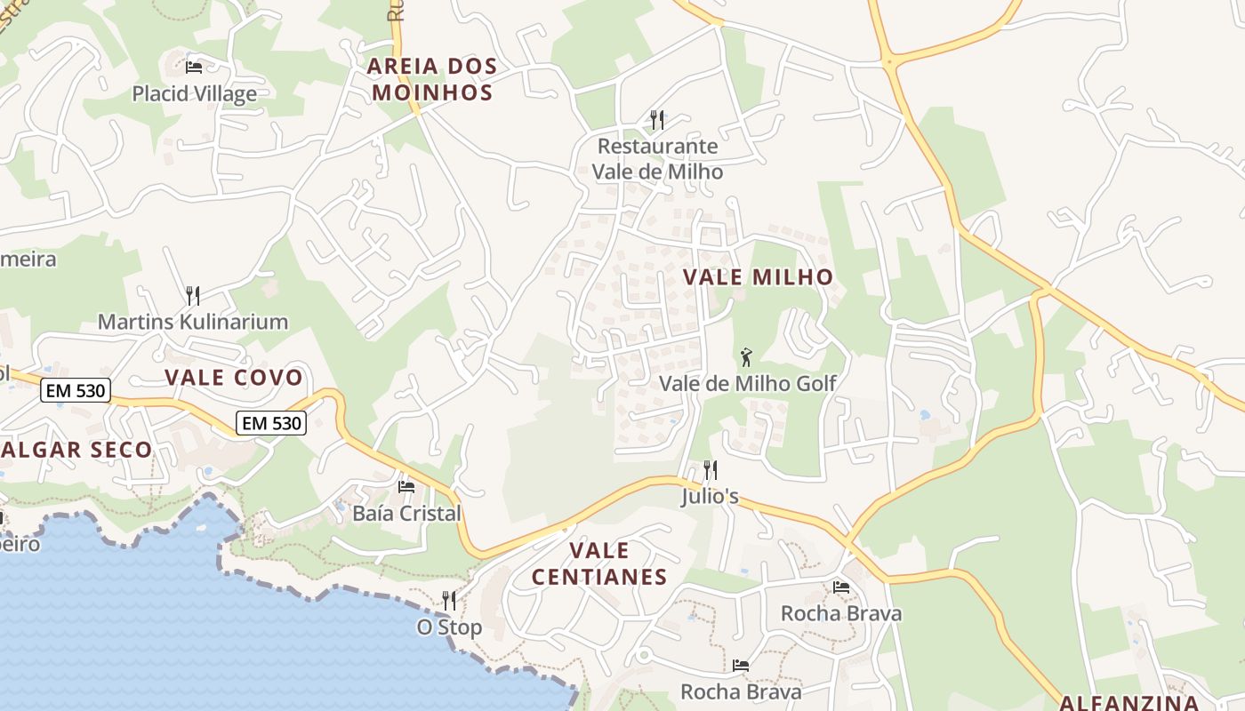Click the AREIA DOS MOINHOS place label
pos(431,79)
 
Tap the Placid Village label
pos(194,93)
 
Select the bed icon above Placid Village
pos(194,67)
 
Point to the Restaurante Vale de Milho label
pos(657,158)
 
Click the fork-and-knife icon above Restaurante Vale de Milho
pos(657,119)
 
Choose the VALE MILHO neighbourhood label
pos(758,277)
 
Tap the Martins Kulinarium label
pos(192,322)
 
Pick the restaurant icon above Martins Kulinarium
pos(192,294)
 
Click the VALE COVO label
pos(234,378)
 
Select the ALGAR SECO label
pos(76,450)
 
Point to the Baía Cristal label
pos(406,513)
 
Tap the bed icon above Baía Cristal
pos(406,486)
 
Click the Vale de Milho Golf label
pos(747,383)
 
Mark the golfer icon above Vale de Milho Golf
pos(746,357)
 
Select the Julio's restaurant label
pos(710,496)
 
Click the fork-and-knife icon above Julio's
pos(710,469)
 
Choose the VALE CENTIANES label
pos(599,563)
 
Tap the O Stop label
pos(449,627)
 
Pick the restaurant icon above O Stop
pos(449,601)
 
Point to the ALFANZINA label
pos(1129,702)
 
